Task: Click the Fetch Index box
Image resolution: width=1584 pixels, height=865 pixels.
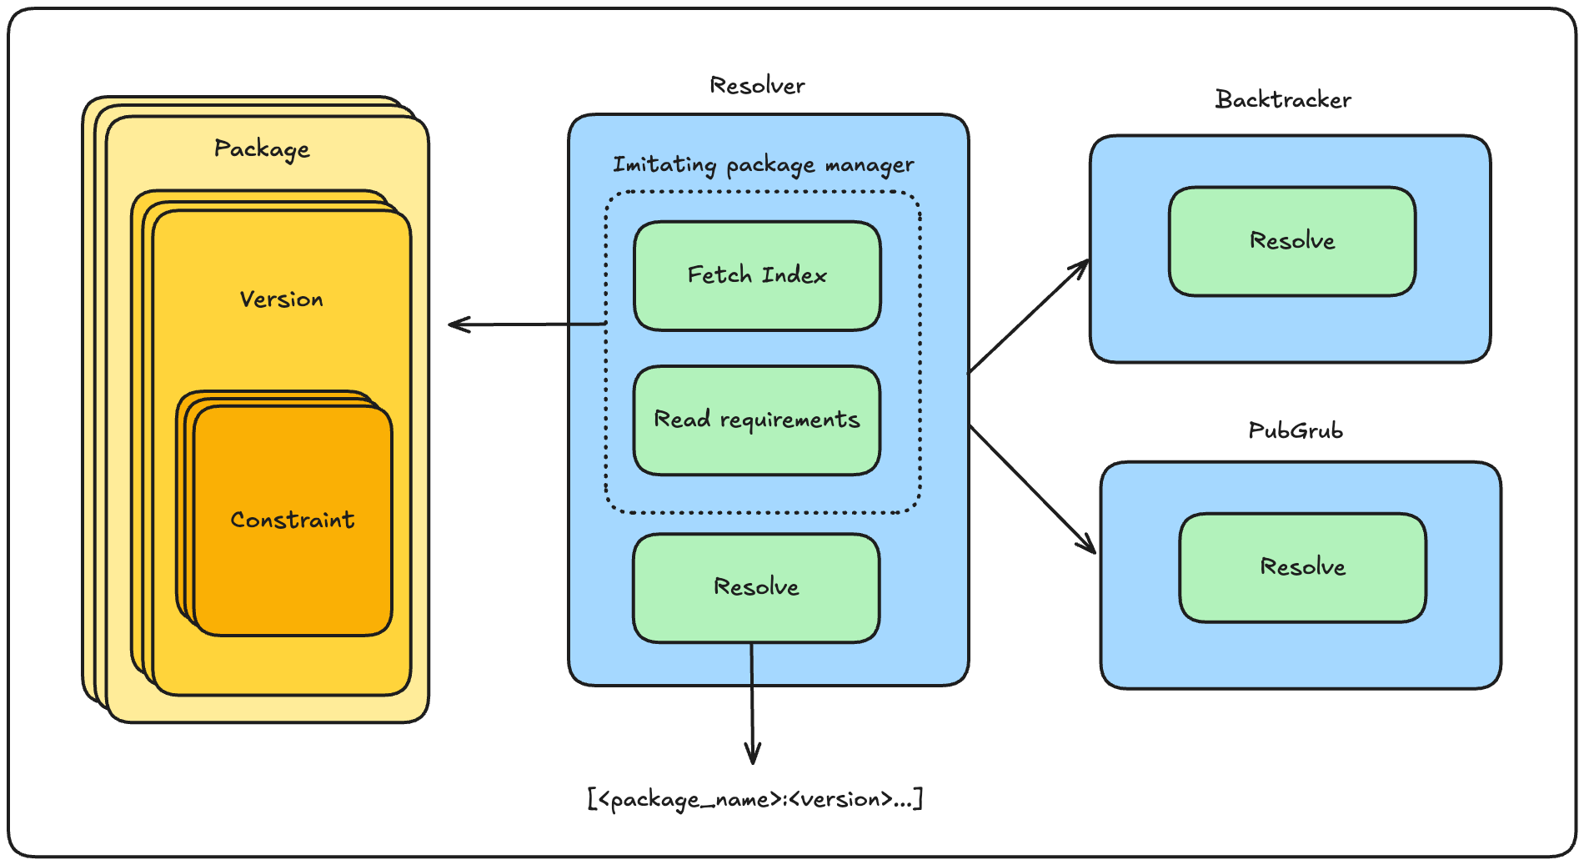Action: point(757,276)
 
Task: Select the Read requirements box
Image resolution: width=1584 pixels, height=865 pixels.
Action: point(757,420)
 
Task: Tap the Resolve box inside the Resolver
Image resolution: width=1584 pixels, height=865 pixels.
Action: point(756,587)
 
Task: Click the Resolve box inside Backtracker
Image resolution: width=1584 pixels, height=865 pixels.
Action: point(1292,241)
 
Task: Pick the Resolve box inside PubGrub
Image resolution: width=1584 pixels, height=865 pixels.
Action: point(1302,567)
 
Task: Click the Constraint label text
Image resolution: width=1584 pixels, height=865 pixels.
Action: point(293,520)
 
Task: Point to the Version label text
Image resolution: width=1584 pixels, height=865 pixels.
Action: point(281,299)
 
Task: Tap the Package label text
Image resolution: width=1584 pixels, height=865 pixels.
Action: point(262,149)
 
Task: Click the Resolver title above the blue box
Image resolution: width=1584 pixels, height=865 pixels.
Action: point(757,86)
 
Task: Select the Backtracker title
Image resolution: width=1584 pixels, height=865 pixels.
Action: point(1283,100)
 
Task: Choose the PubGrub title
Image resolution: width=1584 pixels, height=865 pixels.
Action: point(1296,431)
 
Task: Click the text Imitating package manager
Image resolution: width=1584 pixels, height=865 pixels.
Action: point(763,165)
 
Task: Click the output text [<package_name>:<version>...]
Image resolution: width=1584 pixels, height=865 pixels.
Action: point(755,799)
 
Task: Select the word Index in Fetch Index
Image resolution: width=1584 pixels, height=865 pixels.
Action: point(794,275)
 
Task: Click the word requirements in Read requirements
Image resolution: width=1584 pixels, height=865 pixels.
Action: point(789,420)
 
